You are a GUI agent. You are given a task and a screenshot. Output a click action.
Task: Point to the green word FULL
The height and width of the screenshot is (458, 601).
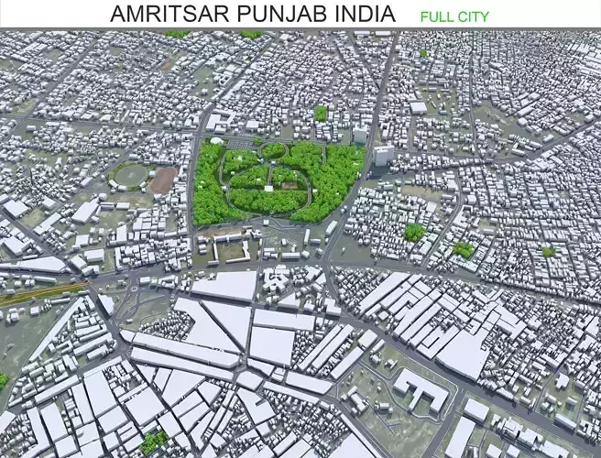pyautogui.click(x=437, y=16)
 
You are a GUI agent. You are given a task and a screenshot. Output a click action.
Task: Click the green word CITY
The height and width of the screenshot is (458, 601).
pyautogui.click(x=474, y=16)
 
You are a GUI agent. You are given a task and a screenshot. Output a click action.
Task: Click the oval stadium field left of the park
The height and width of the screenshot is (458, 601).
pyautogui.click(x=128, y=174)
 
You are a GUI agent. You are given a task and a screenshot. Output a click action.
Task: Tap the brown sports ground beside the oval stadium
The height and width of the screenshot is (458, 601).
pyautogui.click(x=163, y=180)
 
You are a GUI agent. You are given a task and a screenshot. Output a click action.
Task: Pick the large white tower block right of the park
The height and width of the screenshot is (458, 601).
pyautogui.click(x=383, y=155)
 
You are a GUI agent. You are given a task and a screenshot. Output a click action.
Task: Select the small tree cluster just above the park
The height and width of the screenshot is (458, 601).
pyautogui.click(x=321, y=113)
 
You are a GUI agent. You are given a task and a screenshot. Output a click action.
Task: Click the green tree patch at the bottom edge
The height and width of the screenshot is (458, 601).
pyautogui.click(x=154, y=442)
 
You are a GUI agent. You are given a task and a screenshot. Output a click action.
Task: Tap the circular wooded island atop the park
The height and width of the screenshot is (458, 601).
pyautogui.click(x=273, y=150)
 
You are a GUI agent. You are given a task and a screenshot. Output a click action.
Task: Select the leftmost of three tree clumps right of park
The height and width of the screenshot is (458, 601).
pyautogui.click(x=414, y=232)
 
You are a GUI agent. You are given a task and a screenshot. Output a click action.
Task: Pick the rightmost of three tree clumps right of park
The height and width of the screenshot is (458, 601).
pyautogui.click(x=548, y=250)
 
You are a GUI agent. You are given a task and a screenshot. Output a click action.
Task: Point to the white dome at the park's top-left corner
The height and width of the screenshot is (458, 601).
pyautogui.click(x=216, y=141)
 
